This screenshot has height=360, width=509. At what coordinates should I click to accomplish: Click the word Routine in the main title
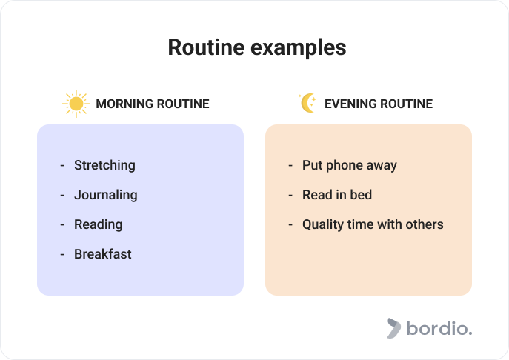point(206,47)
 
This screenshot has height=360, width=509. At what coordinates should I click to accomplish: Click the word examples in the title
point(299,49)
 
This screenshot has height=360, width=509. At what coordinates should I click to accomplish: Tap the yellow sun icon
point(76,104)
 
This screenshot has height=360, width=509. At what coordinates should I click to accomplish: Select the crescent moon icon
point(307,103)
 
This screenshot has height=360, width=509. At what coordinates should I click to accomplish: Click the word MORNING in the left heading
point(124,104)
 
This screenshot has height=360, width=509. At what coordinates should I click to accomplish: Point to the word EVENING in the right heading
point(350,104)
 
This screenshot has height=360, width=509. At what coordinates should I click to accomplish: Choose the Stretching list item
point(104,165)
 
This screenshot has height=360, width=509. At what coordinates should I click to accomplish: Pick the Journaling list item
point(105,195)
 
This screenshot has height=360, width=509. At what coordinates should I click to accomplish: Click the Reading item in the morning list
point(98,224)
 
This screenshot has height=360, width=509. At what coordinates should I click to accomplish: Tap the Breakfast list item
point(102,254)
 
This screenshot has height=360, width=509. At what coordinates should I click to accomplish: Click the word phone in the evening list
point(344,165)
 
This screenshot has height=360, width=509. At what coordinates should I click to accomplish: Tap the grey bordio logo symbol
point(393,328)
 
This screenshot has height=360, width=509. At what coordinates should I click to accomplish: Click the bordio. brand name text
point(439,328)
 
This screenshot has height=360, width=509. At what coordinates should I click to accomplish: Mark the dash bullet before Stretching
point(62,165)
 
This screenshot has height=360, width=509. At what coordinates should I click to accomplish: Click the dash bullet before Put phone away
point(290,165)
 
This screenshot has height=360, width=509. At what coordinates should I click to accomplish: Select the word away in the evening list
point(382,166)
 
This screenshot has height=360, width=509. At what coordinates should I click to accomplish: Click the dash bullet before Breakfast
point(62,255)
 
